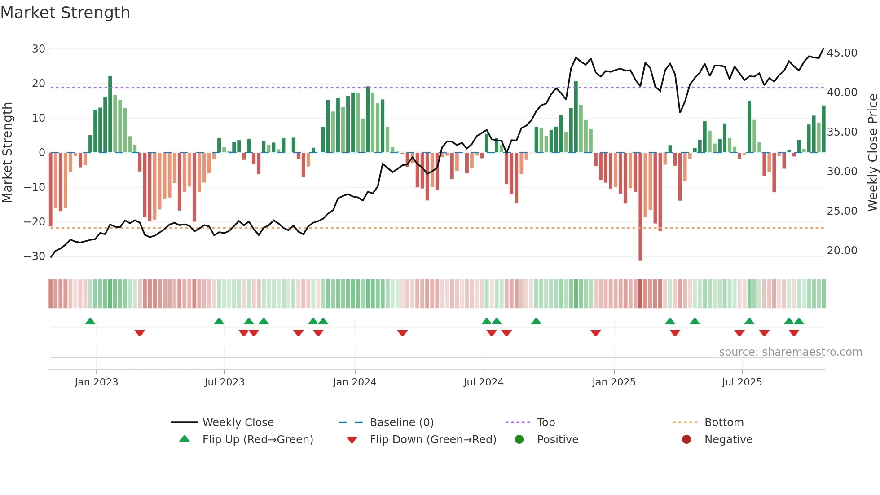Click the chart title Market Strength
tap(65, 13)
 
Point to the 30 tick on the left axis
tap(39, 49)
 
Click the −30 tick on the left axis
tap(35, 256)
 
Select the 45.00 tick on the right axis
tap(842, 53)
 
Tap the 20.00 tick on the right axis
tap(842, 251)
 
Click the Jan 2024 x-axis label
tap(354, 382)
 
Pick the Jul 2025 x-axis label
tap(742, 382)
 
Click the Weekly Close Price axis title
tap(872, 153)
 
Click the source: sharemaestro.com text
tap(790, 352)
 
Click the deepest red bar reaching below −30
tap(640, 207)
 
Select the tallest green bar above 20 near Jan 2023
tap(110, 115)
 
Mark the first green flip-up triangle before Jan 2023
tap(90, 322)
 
